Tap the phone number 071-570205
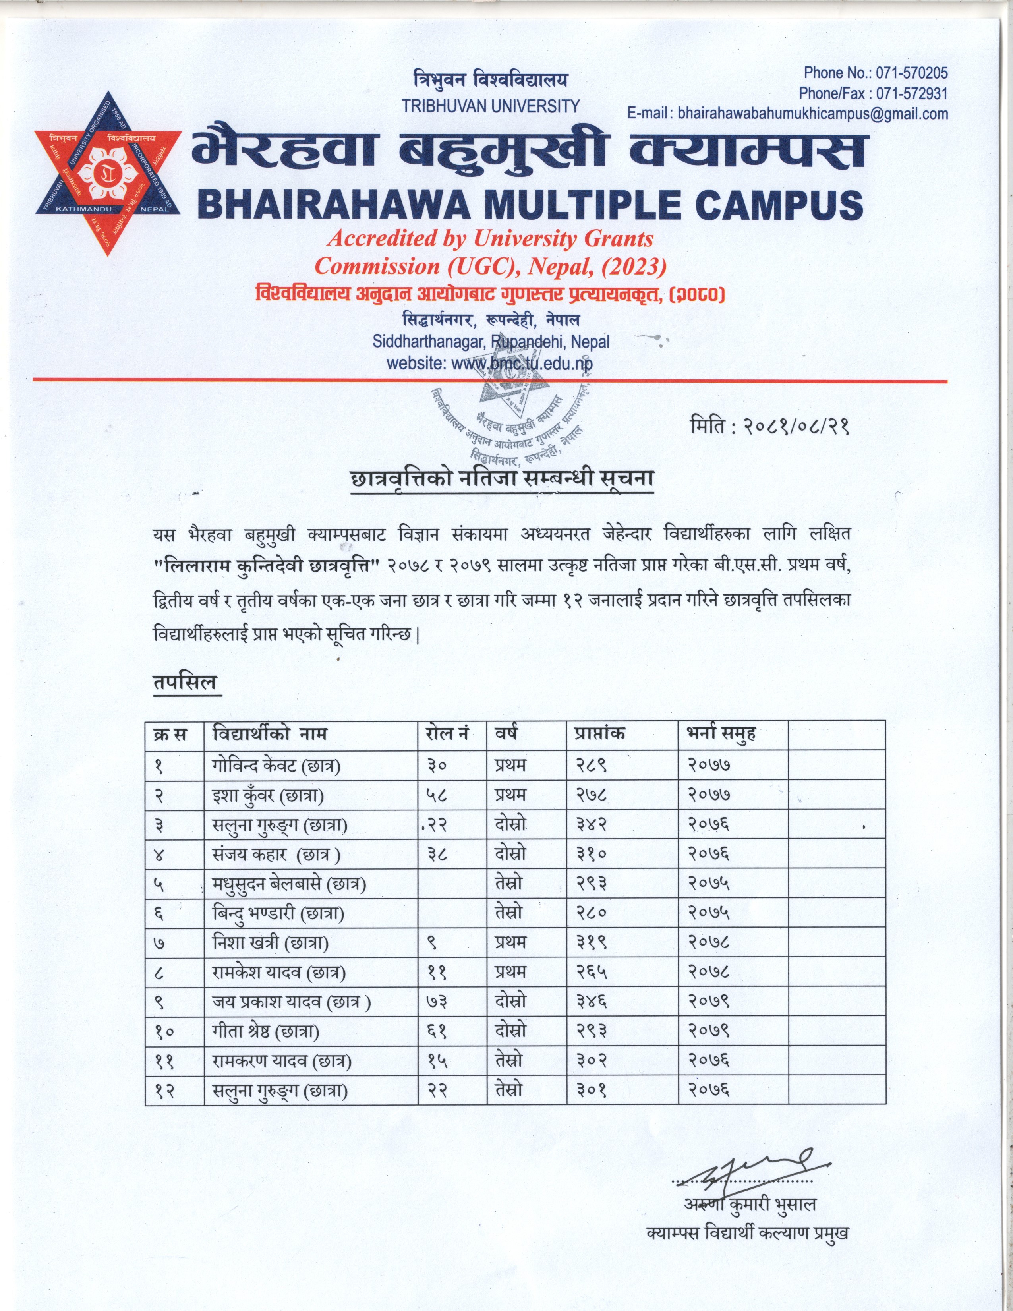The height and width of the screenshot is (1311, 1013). (911, 73)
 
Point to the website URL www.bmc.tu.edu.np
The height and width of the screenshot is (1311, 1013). (522, 363)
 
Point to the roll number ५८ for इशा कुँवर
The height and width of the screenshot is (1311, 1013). (437, 795)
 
